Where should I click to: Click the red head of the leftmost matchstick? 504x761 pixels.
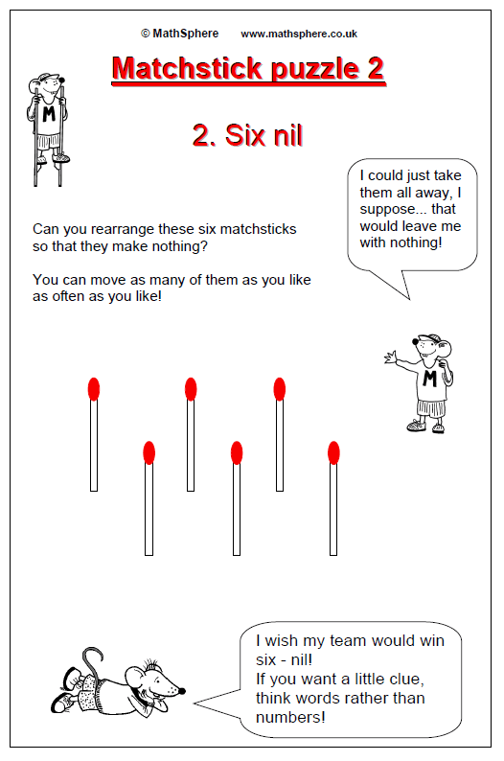click(94, 389)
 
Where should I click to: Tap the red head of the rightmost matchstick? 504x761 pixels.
click(333, 452)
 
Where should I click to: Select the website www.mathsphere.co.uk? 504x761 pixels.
click(299, 34)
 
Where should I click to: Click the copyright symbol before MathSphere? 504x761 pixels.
click(145, 34)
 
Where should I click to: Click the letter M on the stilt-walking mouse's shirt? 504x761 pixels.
click(49, 114)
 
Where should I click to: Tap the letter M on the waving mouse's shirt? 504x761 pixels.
click(430, 378)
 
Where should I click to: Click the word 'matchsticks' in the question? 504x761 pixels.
click(256, 229)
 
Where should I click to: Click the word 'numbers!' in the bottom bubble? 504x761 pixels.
click(290, 717)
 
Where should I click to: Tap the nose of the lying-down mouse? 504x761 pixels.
click(182, 690)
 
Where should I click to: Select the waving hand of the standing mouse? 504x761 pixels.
click(391, 358)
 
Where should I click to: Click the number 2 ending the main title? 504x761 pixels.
click(376, 68)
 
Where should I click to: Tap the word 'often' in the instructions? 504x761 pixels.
click(69, 296)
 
